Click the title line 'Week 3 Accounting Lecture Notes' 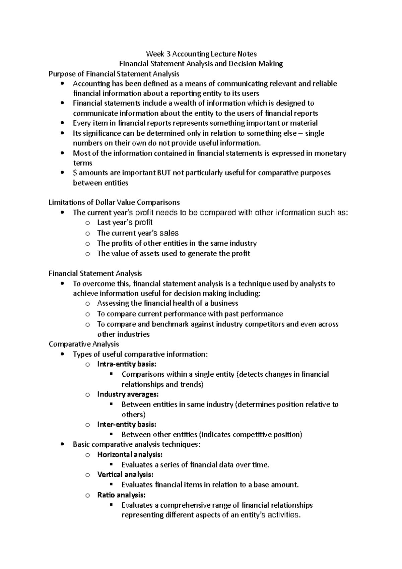201,54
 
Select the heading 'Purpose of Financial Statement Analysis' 114,74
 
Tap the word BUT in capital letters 163,173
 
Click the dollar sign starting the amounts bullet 75,173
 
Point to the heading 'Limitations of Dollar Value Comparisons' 114,202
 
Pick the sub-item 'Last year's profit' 125,223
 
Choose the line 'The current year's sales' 138,233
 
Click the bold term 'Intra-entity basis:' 127,364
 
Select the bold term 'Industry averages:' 128,394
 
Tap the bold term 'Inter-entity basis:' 127,424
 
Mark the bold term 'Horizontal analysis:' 130,454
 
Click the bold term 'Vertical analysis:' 125,475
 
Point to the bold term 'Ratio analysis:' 121,495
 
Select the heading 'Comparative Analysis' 84,344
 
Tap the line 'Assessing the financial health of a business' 167,303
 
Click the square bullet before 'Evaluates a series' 112,464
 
